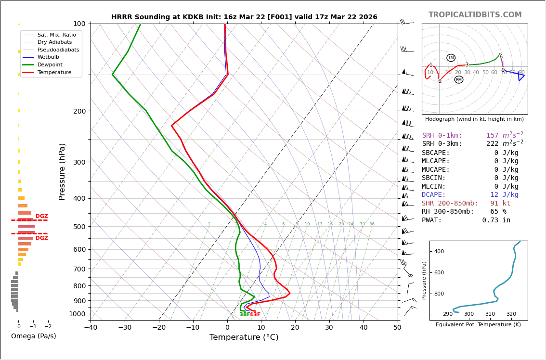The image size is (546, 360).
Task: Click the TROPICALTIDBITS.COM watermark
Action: tap(475, 15)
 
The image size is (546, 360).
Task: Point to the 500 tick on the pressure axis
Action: tap(79, 227)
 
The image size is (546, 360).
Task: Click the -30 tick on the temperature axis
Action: tap(125, 328)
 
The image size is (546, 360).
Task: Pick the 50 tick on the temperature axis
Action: tap(397, 328)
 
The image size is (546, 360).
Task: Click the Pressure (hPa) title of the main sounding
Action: tap(62, 171)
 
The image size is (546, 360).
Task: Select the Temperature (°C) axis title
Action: tap(244, 337)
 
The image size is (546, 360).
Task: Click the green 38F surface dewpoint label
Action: tap(245, 315)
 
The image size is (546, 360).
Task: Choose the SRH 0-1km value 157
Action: tap(492, 136)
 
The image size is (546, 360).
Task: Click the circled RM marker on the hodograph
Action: tap(459, 80)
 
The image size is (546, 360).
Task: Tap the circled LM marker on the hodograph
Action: tap(451, 58)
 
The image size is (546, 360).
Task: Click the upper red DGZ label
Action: tap(41, 217)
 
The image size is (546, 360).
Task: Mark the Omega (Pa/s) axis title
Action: tap(33, 336)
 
